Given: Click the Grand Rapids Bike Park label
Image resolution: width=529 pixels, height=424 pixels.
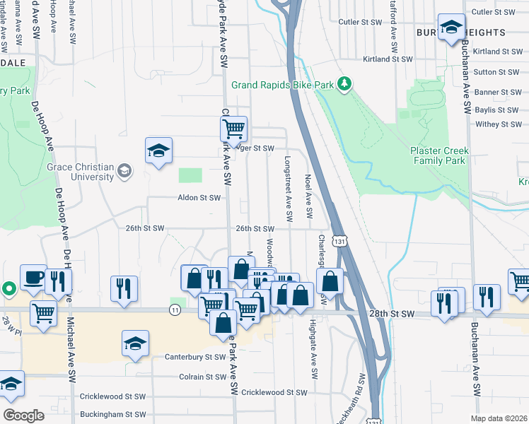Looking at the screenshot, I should pos(282,86).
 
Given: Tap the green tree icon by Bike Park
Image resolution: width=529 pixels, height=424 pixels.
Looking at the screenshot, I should pos(344,85).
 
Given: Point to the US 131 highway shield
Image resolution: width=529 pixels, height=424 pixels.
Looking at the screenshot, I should pos(341,242).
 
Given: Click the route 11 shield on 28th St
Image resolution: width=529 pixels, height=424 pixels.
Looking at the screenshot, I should pos(174,310).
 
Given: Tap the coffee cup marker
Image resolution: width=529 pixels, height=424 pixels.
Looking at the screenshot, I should pos(33,278).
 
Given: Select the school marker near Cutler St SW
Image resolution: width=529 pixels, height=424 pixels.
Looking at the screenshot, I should pos(450,28).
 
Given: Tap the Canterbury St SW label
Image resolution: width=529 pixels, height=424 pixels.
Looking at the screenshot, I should pos(194,357).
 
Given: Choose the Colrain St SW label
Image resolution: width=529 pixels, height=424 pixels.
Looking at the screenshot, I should pos(202,377).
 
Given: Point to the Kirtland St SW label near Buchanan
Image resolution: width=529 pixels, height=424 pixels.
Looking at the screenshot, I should pos(497,52).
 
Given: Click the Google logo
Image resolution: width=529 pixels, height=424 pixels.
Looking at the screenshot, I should pos(23,415).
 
